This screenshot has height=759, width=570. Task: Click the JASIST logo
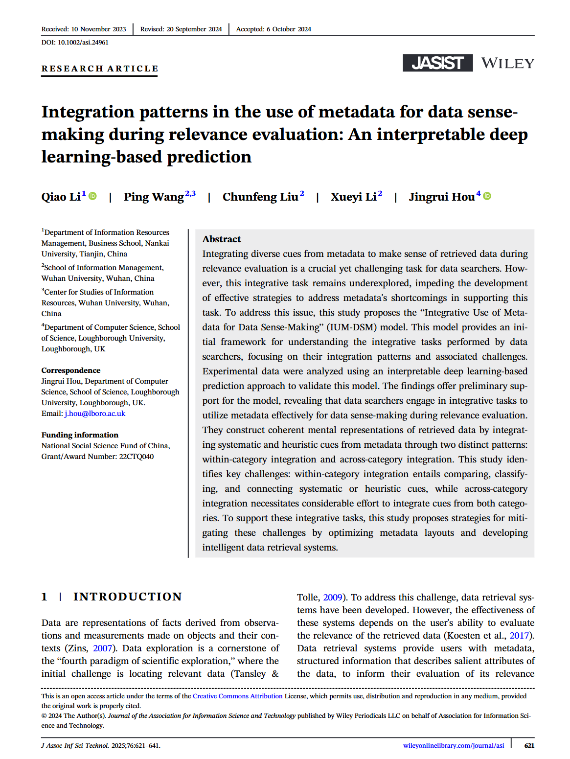[x=437, y=63]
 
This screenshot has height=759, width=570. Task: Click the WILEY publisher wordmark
[x=507, y=64]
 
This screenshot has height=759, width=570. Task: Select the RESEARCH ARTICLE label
[x=100, y=69]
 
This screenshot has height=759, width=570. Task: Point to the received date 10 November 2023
[x=98, y=29]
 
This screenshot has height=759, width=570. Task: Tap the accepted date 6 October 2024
[x=289, y=29]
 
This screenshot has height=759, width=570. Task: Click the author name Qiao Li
[x=61, y=197]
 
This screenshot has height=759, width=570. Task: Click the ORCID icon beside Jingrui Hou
[x=487, y=196]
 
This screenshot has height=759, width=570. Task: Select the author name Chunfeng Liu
[x=260, y=197]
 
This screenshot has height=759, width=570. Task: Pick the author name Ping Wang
[x=154, y=197]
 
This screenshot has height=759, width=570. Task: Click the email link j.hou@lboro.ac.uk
[x=95, y=414]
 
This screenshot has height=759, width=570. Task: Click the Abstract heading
[x=222, y=239]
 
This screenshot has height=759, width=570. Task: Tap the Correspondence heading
[x=71, y=370]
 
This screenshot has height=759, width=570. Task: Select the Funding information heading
[x=80, y=435]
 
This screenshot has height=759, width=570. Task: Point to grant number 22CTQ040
[x=137, y=457]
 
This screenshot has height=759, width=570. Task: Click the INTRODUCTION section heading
[x=128, y=597]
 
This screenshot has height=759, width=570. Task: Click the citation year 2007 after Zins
[x=103, y=648]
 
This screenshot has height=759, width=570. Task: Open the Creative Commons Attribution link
[x=238, y=696]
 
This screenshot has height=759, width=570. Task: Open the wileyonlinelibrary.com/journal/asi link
[x=454, y=745]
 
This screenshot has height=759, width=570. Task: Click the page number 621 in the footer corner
[x=529, y=745]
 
